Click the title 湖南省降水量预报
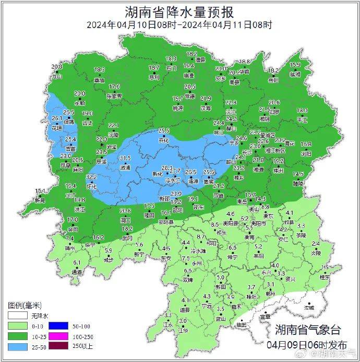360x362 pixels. [179, 11]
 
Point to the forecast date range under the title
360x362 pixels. [179, 25]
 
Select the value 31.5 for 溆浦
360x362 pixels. [125, 158]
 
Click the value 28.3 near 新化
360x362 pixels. [167, 167]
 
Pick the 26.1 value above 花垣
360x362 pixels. [57, 119]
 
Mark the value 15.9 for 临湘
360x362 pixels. [295, 65]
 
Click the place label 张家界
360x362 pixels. [114, 96]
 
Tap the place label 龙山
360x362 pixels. [56, 76]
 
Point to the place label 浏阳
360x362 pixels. [306, 154]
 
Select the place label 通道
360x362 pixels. [77, 272]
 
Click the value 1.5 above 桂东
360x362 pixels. [325, 268]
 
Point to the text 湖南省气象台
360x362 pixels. [308, 330]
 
